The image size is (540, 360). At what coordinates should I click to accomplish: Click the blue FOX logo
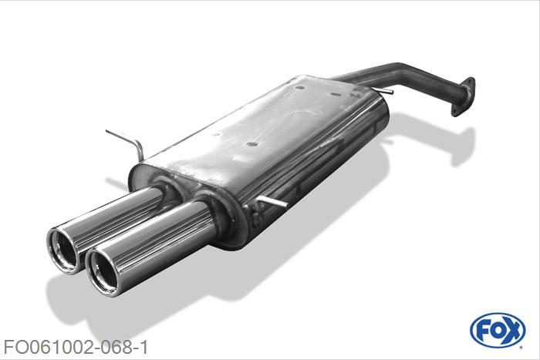coord(498,331)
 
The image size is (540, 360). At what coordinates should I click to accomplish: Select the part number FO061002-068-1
coord(76,347)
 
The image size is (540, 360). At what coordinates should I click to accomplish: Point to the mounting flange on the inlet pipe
coord(463,97)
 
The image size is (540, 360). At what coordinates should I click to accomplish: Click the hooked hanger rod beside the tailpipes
coord(127,142)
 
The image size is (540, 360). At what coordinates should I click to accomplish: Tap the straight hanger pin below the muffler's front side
coord(272,201)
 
